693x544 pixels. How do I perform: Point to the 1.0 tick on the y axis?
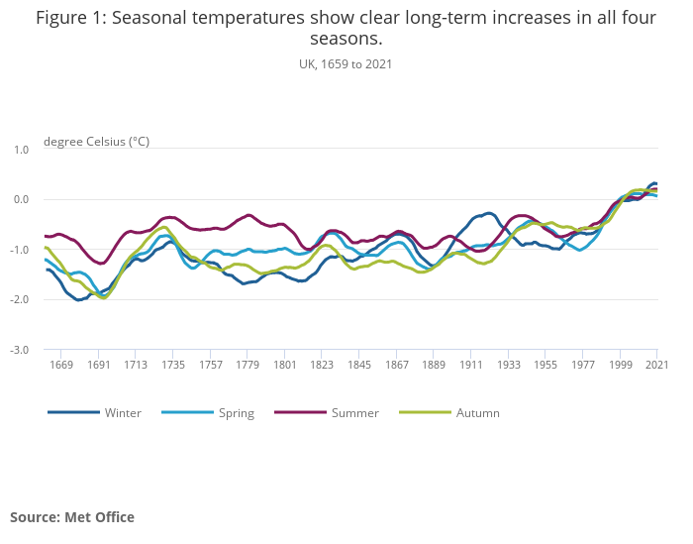(x=21, y=150)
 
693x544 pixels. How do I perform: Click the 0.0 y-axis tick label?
(x=21, y=200)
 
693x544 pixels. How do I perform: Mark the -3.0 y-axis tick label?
(x=20, y=350)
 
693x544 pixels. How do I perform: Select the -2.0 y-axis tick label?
(x=20, y=300)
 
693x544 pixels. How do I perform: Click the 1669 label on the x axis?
(x=61, y=366)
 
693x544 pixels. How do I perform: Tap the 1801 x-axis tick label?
(x=285, y=366)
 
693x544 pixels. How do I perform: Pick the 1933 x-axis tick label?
(x=508, y=366)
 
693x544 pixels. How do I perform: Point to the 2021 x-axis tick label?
(x=656, y=366)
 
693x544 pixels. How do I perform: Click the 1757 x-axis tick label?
(x=211, y=366)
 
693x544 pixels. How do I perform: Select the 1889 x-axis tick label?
(x=434, y=366)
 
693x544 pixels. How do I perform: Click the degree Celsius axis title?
(x=97, y=142)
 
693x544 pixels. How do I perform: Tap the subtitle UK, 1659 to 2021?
(x=346, y=64)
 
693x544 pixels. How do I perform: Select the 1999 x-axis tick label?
(x=620, y=366)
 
